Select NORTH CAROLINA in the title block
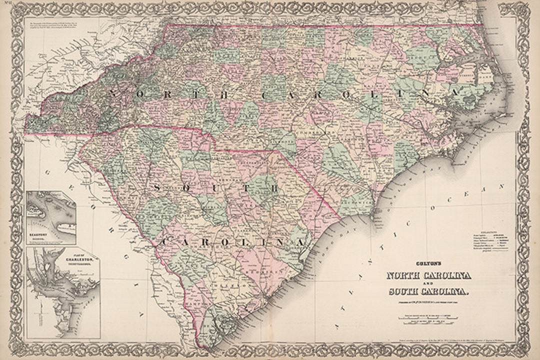pyautogui.click(x=427, y=275)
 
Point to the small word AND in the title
pyautogui.click(x=427, y=283)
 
